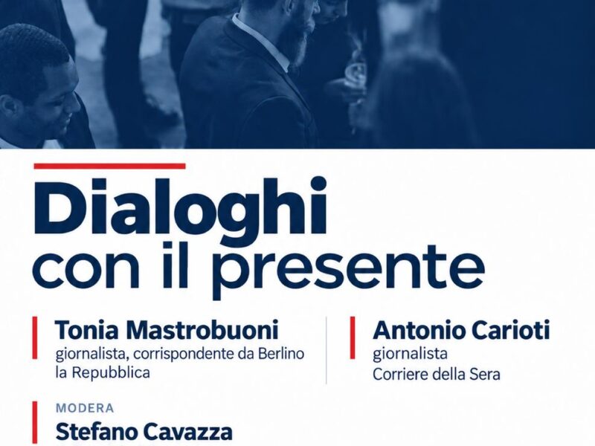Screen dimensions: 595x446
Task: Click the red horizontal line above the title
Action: (109, 166)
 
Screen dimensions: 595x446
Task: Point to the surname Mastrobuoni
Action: (202, 330)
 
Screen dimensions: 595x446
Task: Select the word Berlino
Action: (282, 354)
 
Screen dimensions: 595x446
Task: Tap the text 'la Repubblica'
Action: (103, 373)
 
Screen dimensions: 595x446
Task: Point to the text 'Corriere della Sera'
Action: (437, 375)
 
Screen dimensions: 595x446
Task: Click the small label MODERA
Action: (85, 408)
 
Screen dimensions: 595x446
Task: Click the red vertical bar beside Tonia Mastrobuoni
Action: (35, 337)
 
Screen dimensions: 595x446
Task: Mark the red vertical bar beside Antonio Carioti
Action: (353, 337)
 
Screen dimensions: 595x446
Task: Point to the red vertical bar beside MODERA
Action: (35, 424)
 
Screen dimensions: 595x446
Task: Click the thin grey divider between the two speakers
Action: (327, 350)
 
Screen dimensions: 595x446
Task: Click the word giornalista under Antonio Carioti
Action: (410, 355)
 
